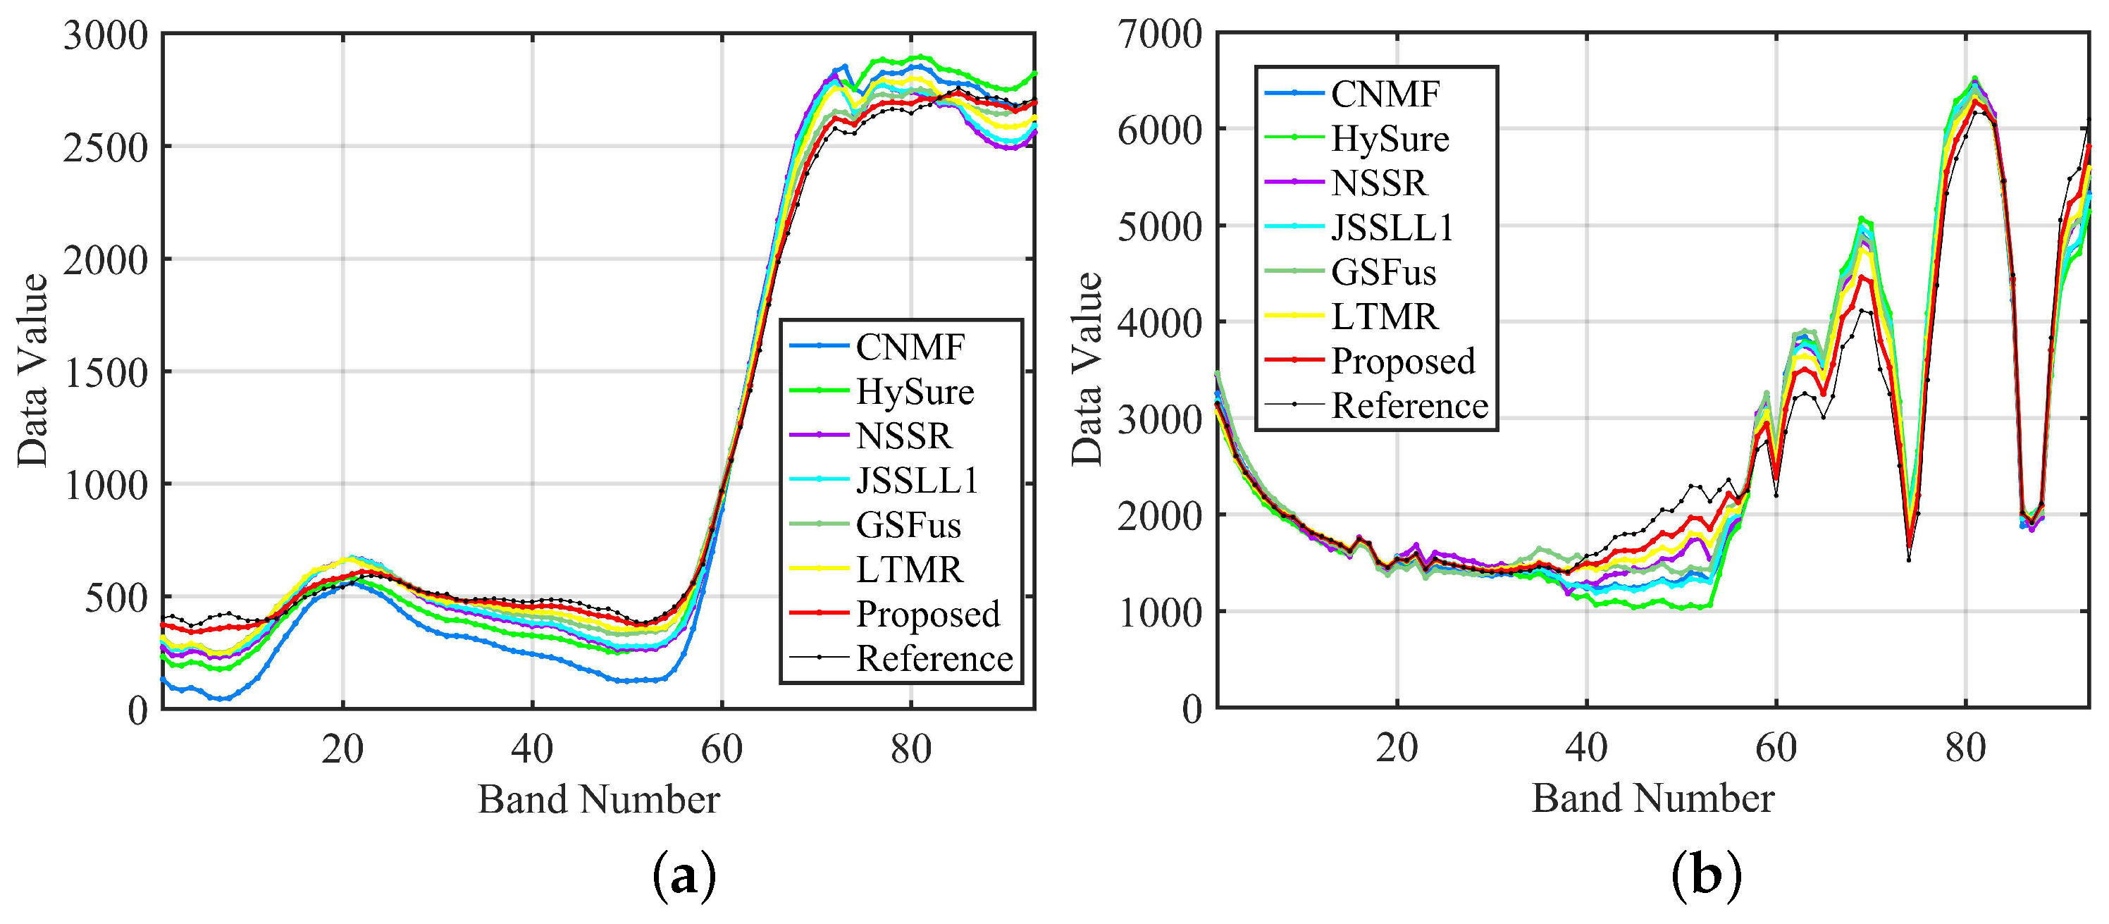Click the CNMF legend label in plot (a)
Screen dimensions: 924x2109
[910, 347]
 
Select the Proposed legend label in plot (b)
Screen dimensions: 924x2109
[1402, 362]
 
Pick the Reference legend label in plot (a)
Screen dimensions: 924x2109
[934, 658]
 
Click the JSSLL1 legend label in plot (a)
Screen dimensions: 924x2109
[917, 481]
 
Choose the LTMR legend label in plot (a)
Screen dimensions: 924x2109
[909, 570]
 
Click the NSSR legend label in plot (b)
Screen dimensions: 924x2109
[1379, 183]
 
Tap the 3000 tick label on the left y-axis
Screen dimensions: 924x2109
[106, 37]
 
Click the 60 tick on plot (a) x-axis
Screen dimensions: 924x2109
[722, 749]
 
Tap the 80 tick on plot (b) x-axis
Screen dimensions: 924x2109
[1965, 748]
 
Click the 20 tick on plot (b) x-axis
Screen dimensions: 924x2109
[1396, 748]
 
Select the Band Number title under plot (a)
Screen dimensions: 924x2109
[598, 799]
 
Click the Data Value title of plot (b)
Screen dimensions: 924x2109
[1087, 369]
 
